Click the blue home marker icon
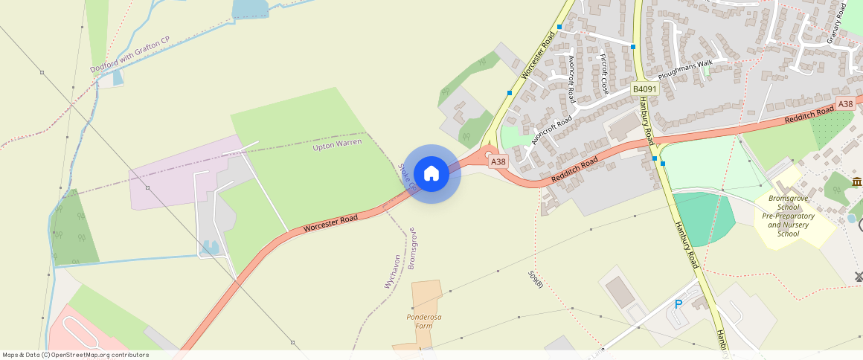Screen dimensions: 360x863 coord(431,174)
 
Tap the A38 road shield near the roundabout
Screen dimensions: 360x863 coord(498,161)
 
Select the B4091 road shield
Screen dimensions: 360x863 coord(644,89)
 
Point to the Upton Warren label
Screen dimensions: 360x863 coord(337,144)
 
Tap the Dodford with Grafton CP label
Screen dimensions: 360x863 coord(130,54)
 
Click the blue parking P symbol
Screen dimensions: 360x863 coord(678,304)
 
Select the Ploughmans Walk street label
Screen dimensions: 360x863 coord(685,70)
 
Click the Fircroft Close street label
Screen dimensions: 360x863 coord(604,74)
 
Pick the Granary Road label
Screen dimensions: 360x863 coord(837,24)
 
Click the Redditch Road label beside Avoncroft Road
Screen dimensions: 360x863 coord(575,172)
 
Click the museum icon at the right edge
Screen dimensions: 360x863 coord(857,182)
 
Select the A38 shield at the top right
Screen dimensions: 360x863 coord(845,104)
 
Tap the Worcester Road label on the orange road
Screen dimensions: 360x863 coord(330,222)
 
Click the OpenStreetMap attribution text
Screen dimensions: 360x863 coord(75,355)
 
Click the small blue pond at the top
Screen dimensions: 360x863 coord(249,8)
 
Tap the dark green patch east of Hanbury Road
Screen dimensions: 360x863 coord(703,217)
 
